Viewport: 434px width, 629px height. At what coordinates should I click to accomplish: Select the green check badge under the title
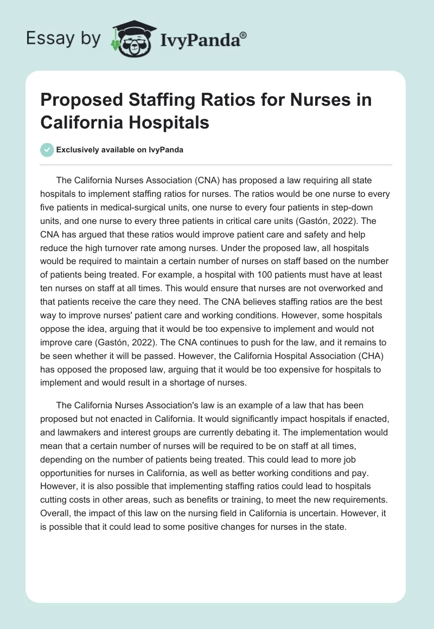tap(48, 150)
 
